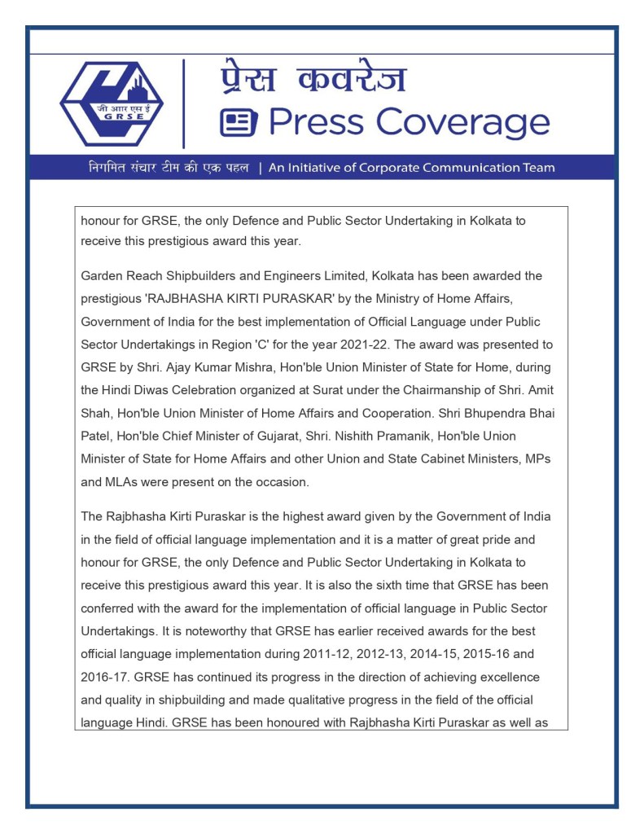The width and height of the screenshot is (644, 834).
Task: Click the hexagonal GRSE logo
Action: pyautogui.click(x=112, y=103)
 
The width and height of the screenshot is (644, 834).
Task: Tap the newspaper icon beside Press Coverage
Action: pyautogui.click(x=239, y=124)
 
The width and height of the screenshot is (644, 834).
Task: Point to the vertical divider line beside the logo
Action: pyautogui.click(x=183, y=103)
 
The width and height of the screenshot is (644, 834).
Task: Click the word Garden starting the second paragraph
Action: pyautogui.click(x=102, y=276)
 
